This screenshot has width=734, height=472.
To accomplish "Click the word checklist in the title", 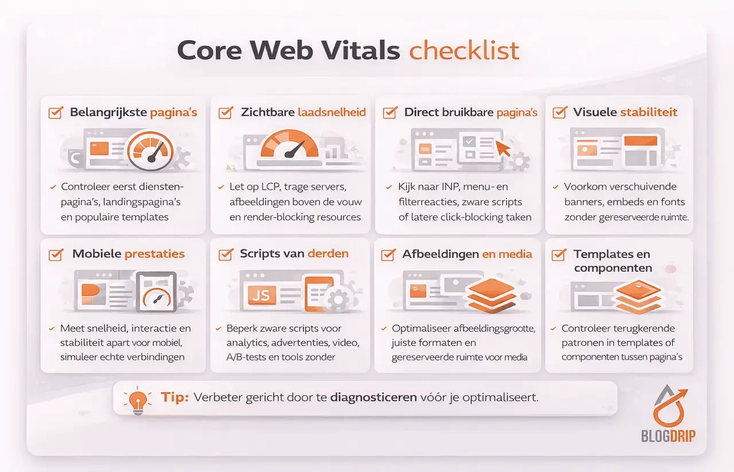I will click(x=464, y=50).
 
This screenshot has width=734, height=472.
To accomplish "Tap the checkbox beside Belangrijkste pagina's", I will click(x=56, y=112).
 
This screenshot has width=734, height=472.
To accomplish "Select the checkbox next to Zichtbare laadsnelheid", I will click(x=225, y=112).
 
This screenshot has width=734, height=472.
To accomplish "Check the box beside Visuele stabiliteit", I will click(x=559, y=112).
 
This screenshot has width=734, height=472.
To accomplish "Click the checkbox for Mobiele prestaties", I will click(x=56, y=254).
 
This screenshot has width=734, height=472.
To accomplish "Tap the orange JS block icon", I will click(x=261, y=295).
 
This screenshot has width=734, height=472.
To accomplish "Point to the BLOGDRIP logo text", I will click(x=668, y=436).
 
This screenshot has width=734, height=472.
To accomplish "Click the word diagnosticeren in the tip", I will click(x=373, y=397).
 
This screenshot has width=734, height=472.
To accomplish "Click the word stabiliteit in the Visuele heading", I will click(x=649, y=112).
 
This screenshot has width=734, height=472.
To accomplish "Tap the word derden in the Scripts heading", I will click(x=328, y=254).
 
